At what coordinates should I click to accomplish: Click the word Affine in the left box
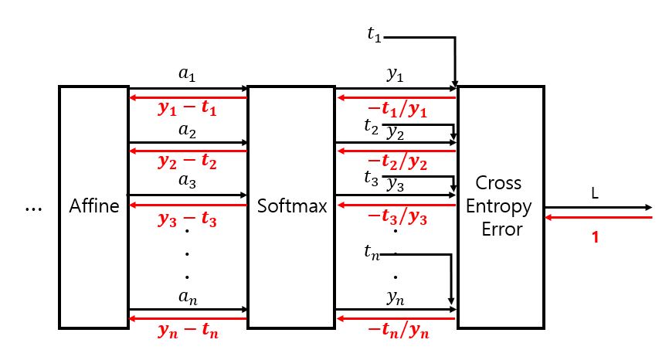click(94, 206)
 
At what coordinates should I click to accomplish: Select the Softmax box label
click(292, 206)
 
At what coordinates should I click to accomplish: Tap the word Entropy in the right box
click(499, 206)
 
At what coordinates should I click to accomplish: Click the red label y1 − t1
click(188, 110)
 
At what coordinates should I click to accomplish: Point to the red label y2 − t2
click(188, 162)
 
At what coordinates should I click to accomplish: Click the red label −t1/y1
click(396, 110)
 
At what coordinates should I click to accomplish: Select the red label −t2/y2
click(396, 162)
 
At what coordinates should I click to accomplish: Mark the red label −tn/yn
click(396, 331)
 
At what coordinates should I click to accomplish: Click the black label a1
click(188, 75)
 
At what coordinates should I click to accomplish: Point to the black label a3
click(188, 183)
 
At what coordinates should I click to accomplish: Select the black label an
click(188, 297)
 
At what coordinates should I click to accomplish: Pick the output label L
click(595, 194)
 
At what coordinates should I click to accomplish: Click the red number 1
click(595, 238)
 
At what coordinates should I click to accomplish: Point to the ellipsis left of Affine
click(33, 208)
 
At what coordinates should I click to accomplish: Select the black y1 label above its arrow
click(396, 75)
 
